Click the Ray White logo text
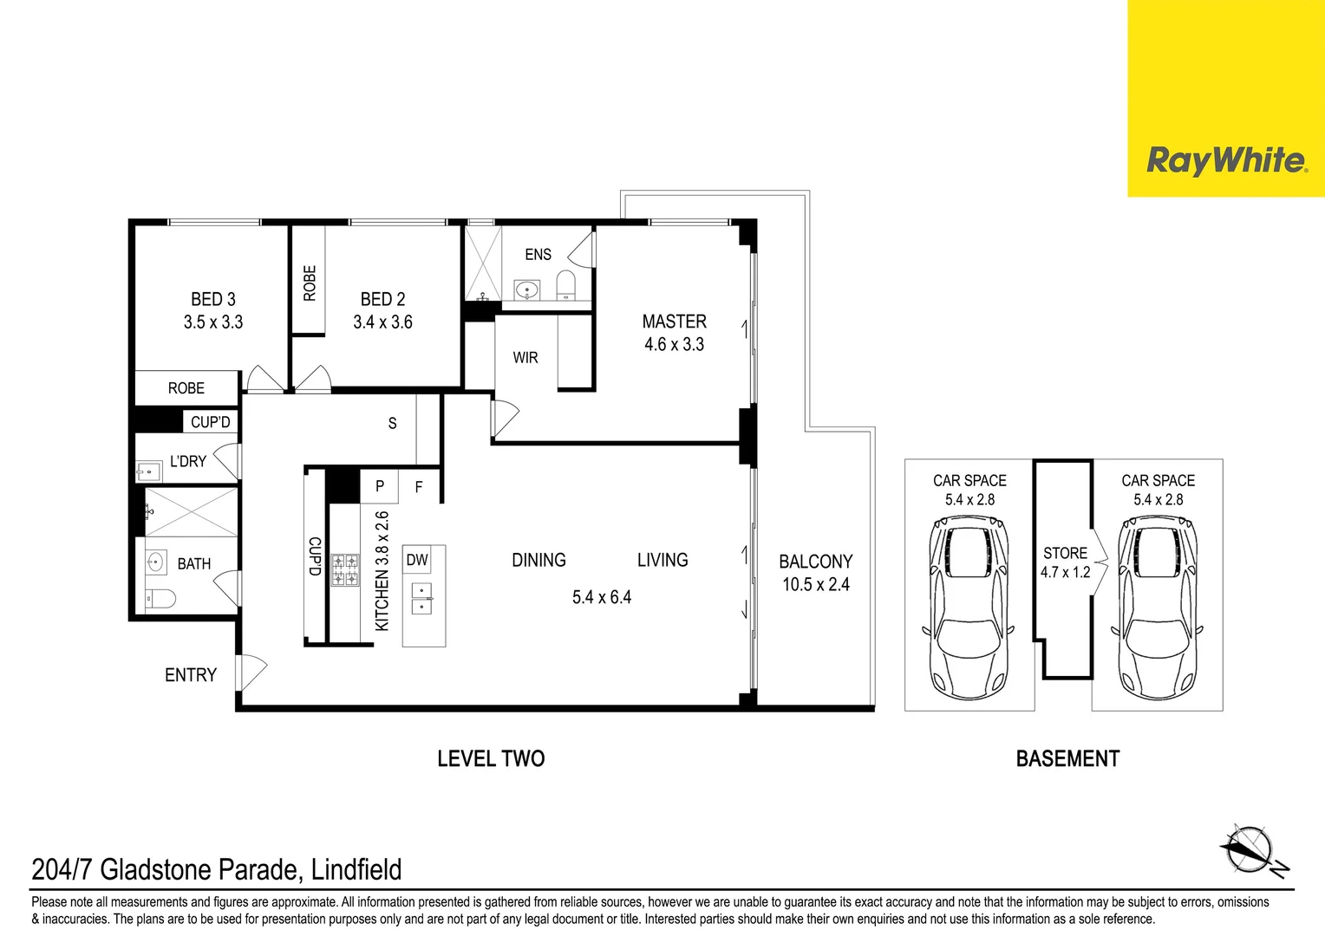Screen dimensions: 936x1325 click(x=1225, y=160)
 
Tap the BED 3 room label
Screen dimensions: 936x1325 click(x=213, y=299)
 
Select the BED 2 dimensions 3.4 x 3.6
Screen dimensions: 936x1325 click(x=382, y=322)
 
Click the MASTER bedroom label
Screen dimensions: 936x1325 click(x=674, y=322)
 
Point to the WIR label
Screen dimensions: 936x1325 click(x=525, y=358)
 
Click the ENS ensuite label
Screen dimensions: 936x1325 click(x=538, y=255)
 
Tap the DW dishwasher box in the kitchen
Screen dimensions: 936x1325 click(x=417, y=560)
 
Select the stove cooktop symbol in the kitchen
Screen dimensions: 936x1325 click(x=345, y=570)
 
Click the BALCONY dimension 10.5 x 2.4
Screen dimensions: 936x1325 click(x=816, y=585)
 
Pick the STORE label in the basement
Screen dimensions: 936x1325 click(x=1065, y=553)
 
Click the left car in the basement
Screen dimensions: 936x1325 click(x=969, y=607)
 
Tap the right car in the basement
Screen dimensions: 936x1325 click(x=1158, y=607)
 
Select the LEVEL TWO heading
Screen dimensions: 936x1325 click(x=491, y=759)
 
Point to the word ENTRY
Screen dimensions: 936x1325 click(x=191, y=675)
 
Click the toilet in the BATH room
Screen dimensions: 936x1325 click(x=161, y=598)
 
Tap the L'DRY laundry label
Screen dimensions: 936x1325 click(x=188, y=461)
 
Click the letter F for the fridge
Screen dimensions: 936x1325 click(x=419, y=487)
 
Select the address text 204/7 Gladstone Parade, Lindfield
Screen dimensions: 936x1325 click(x=217, y=869)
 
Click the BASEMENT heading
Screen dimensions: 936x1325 click(x=1067, y=759)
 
